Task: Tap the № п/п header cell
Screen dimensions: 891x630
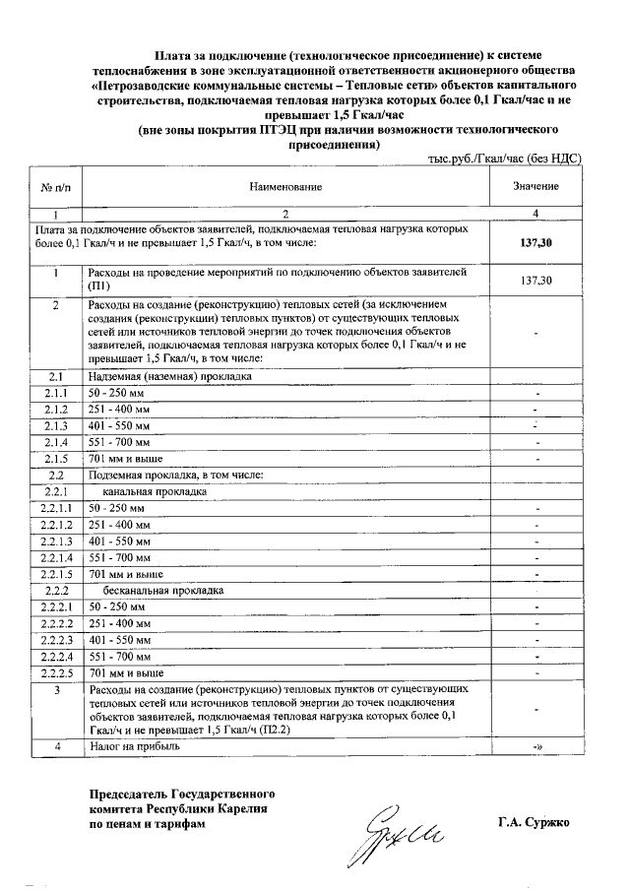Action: pyautogui.click(x=57, y=186)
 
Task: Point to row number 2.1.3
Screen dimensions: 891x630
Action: pyautogui.click(x=58, y=425)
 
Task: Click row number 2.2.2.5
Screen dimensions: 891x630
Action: pyautogui.click(x=58, y=672)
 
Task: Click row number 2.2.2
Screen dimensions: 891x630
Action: pyautogui.click(x=58, y=591)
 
